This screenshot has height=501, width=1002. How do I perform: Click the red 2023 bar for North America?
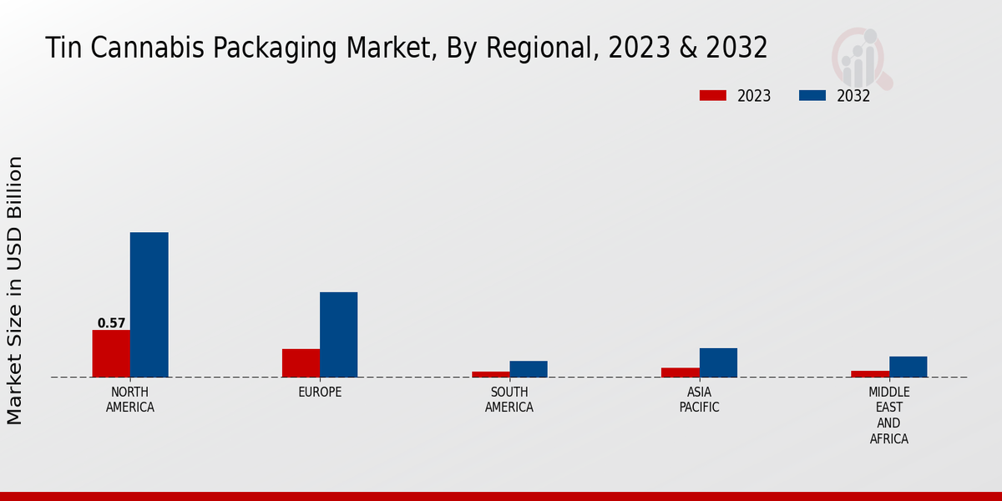point(111,353)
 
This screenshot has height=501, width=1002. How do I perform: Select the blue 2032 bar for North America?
point(149,305)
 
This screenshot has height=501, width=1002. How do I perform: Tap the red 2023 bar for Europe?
point(301,362)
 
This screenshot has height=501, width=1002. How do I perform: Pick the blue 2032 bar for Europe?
point(338,334)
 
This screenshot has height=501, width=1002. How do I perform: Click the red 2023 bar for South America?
point(490,374)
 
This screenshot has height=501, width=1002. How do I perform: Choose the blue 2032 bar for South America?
point(529,369)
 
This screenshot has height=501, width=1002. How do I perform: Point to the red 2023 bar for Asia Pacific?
point(680,372)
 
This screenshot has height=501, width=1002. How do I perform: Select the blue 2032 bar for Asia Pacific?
point(718,362)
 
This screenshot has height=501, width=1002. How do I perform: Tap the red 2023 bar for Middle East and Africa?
point(870,373)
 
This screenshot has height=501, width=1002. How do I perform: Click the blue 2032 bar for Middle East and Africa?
point(908,367)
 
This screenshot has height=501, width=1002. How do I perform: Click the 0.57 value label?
point(111,323)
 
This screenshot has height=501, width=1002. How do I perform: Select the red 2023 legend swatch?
point(712,96)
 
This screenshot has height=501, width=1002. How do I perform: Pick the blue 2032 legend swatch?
point(812,96)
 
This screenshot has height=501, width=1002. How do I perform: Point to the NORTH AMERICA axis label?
point(130,400)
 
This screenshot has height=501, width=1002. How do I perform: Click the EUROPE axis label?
point(320,392)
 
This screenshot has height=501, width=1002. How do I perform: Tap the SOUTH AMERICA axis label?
point(509,400)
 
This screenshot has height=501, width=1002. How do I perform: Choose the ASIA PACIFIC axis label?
point(699,400)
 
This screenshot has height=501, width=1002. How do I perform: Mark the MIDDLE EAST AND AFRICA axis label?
point(889,415)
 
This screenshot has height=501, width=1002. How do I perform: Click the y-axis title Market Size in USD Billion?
point(15,290)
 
